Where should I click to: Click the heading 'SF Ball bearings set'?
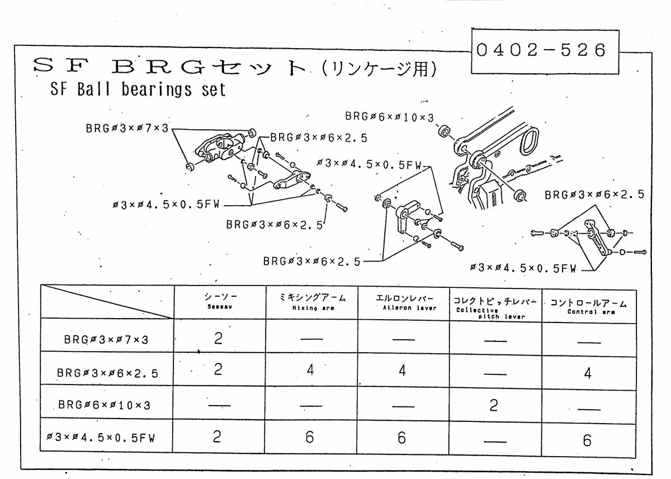[138, 89]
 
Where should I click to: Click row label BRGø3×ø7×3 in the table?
[106, 339]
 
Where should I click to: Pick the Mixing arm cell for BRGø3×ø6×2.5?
[310, 371]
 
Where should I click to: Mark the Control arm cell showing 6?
[587, 440]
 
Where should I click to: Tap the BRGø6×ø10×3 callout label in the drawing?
[389, 117]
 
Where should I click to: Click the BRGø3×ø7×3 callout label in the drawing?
[127, 128]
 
